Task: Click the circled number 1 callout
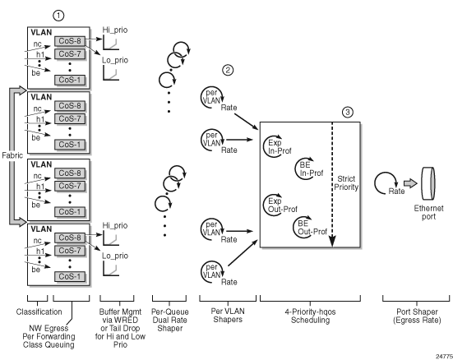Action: tap(58, 16)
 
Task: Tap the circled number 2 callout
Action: tap(228, 70)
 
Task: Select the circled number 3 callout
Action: tap(348, 112)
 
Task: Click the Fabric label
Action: tap(12, 155)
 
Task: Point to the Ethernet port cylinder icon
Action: tap(428, 183)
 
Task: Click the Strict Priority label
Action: tap(346, 183)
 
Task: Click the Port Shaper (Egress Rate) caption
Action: tap(417, 316)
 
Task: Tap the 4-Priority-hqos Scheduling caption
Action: tap(310, 316)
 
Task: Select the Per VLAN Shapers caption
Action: tap(228, 316)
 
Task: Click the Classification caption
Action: tap(39, 312)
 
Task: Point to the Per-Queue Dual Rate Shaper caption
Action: tap(170, 320)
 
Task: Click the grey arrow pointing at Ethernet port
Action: tap(410, 183)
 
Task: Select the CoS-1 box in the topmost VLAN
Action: tap(70, 80)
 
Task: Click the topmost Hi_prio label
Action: tap(115, 30)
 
